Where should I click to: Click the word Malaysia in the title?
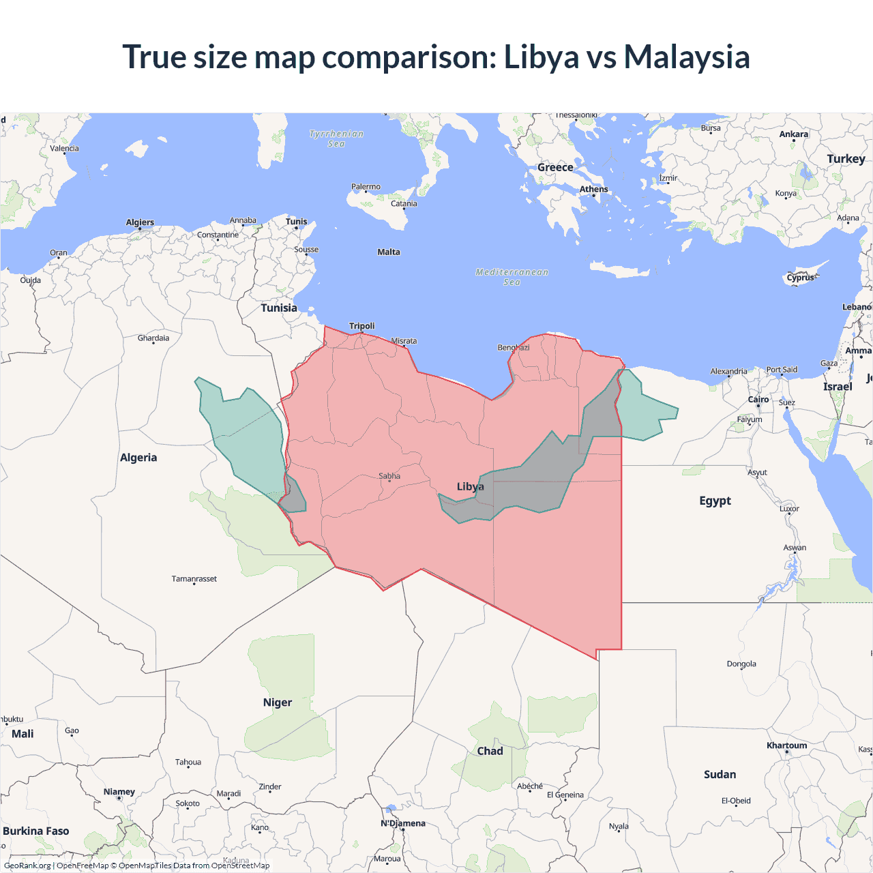coord(687,57)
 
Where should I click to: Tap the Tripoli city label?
coord(361,326)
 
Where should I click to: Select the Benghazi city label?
coord(513,348)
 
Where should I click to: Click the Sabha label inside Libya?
coord(389,476)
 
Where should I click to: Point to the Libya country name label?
coord(470,486)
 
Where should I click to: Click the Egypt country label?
coord(715,501)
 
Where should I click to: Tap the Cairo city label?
coord(758,400)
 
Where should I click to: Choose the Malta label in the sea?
coord(389,252)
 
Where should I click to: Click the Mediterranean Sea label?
coord(512,276)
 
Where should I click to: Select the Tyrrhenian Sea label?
coord(336,138)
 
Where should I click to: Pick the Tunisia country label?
coord(279,308)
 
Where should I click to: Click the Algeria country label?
coord(138,458)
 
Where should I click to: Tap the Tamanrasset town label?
coord(194,579)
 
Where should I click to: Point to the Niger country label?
coord(278,702)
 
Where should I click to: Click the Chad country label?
coord(490,751)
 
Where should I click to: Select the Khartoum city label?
coord(786,745)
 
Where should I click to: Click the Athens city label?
coord(593,190)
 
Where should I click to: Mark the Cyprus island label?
coord(800,278)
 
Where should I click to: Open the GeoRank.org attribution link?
coord(27,865)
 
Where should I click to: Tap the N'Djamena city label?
coord(403,823)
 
